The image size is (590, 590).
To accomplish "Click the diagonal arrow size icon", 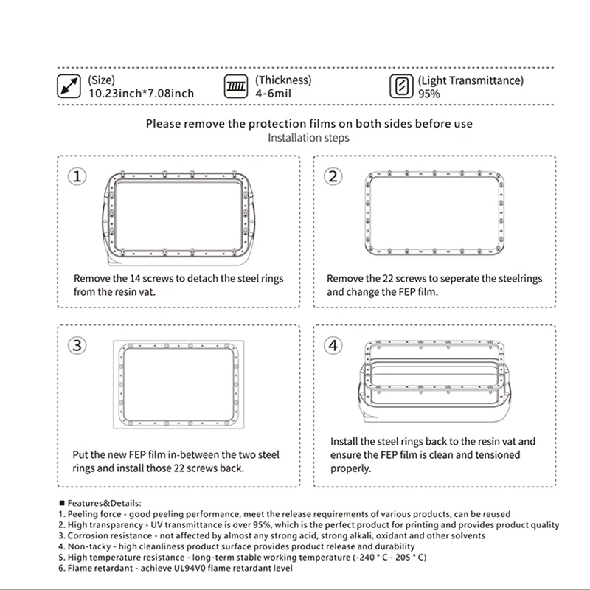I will (x=69, y=87).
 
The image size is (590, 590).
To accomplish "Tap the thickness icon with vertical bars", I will (x=237, y=87).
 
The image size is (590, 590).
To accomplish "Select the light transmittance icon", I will (x=401, y=87).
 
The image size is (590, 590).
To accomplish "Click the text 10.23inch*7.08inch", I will (x=142, y=94).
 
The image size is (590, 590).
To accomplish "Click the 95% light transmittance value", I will (x=429, y=94).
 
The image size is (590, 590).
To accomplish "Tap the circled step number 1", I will (x=78, y=176).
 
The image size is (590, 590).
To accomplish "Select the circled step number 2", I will (x=334, y=176).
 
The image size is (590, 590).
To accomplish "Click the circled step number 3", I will (x=78, y=345).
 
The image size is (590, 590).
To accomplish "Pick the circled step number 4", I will (x=334, y=345).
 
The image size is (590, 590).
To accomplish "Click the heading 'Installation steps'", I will (x=308, y=138).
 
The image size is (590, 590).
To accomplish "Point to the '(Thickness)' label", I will (x=283, y=80).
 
